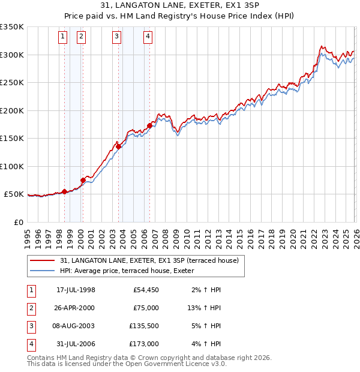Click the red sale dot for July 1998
click(64, 192)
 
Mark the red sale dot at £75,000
click(83, 180)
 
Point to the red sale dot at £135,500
click(118, 146)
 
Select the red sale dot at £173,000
click(149, 125)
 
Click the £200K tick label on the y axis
click(12, 110)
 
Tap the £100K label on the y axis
click(12, 166)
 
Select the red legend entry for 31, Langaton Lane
click(149, 260)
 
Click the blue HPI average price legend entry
click(135, 271)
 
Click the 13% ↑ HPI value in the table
click(205, 307)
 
